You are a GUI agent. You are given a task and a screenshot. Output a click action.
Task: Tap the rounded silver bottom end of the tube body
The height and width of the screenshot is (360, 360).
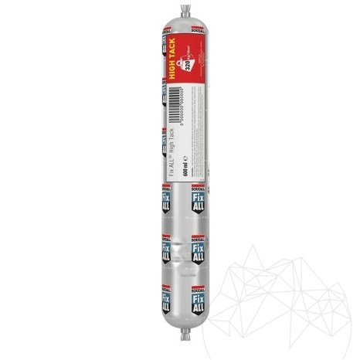[x=180, y=332]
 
